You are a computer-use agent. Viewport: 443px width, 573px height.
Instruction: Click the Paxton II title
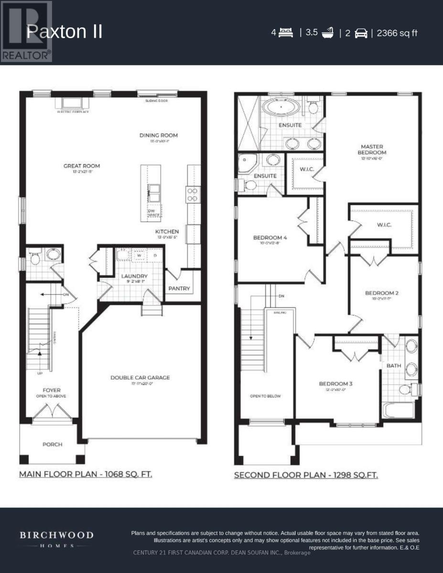(65, 32)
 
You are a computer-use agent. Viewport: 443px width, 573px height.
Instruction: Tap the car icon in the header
(360, 33)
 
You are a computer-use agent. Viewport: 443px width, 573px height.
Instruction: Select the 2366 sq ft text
(397, 33)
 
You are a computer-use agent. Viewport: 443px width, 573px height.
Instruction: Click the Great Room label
(82, 166)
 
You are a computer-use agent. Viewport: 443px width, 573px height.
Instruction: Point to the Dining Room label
(158, 135)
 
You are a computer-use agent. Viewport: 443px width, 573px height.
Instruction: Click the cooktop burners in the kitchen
(192, 194)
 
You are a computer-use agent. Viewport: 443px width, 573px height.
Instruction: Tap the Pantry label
(179, 288)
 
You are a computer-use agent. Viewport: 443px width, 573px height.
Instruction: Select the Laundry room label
(134, 276)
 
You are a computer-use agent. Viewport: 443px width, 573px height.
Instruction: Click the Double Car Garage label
(140, 378)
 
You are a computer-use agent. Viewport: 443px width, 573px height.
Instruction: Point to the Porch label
(53, 444)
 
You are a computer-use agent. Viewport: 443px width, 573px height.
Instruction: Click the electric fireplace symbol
(72, 103)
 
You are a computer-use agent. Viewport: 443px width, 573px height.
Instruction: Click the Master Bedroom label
(372, 149)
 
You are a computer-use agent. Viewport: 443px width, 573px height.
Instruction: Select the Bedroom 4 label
(270, 237)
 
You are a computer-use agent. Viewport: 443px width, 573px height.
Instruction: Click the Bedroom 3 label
(335, 383)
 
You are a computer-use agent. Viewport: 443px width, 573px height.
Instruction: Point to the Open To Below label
(265, 396)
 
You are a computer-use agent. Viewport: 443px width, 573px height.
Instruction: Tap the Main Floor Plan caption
(85, 474)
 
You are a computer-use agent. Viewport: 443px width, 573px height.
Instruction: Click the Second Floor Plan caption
(306, 475)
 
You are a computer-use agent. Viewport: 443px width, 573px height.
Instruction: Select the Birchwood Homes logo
(56, 538)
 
